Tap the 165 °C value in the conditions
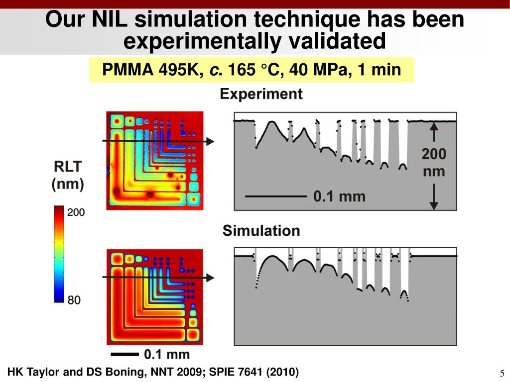tap(254, 70)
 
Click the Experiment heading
tap(261, 94)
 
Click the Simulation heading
tap(261, 231)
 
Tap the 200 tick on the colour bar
tap(76, 212)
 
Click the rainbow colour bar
tap(59, 254)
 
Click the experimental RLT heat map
tap(155, 160)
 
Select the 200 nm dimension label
tap(434, 163)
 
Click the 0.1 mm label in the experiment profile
tap(339, 196)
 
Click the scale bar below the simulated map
tap(123, 354)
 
